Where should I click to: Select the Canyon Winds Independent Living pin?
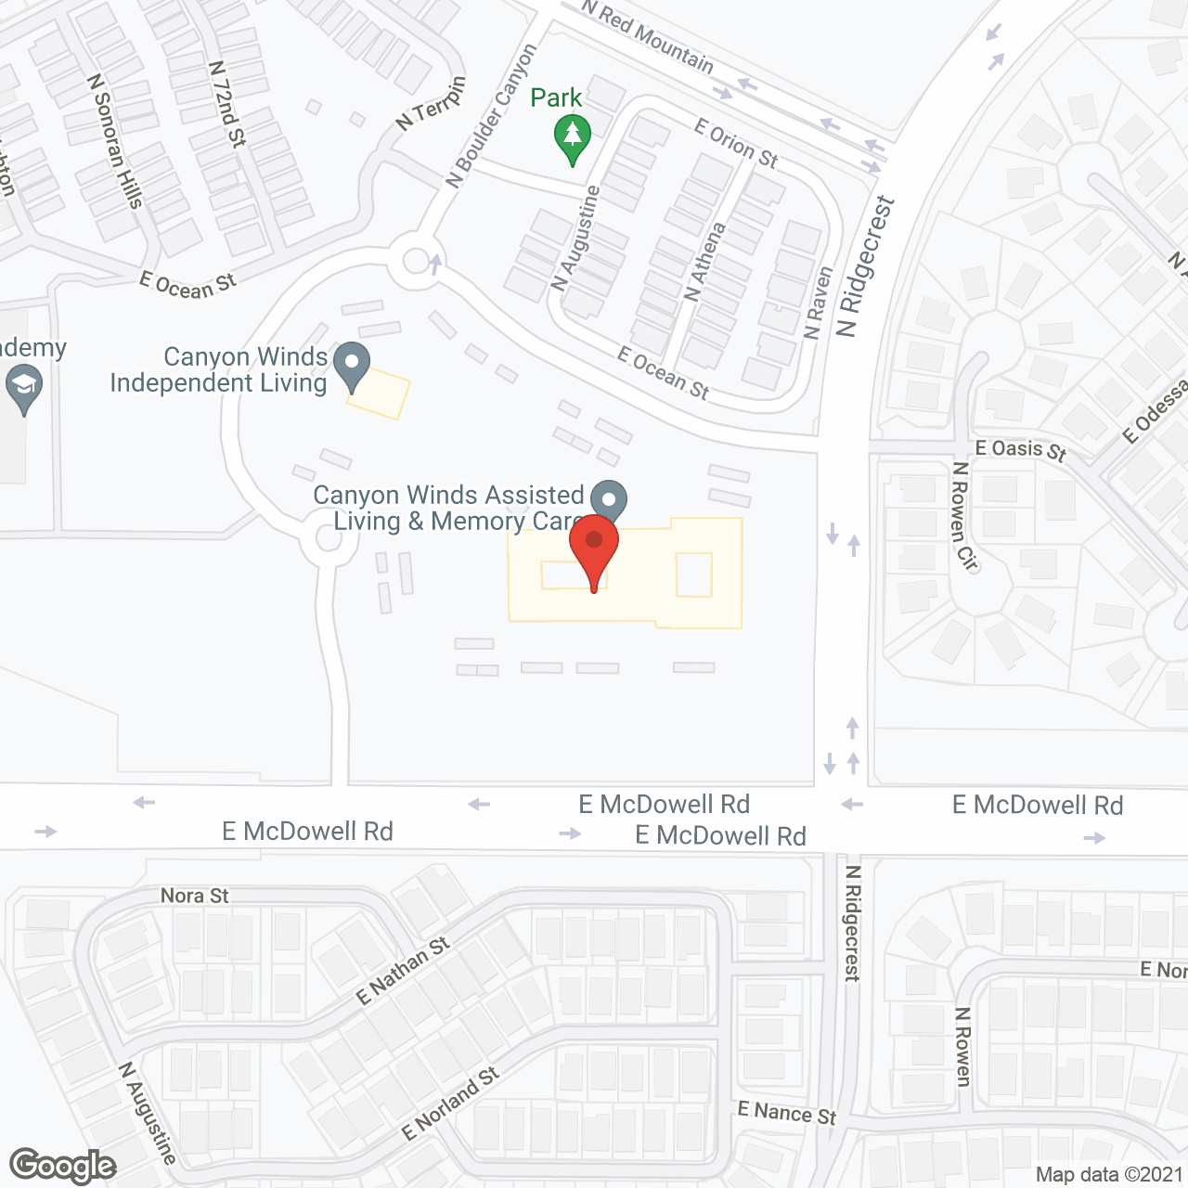pyautogui.click(x=352, y=366)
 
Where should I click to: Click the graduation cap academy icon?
pyautogui.click(x=24, y=390)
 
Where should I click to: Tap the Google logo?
pyautogui.click(x=63, y=1166)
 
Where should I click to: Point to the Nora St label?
pyautogui.click(x=194, y=896)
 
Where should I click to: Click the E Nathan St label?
pyautogui.click(x=403, y=970)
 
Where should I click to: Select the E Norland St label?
pyautogui.click(x=450, y=1104)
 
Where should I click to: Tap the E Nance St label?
pyautogui.click(x=787, y=1112)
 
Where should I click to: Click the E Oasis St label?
pyautogui.click(x=1021, y=450)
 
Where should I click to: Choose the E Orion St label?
pyautogui.click(x=736, y=144)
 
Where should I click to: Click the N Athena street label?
pyautogui.click(x=705, y=261)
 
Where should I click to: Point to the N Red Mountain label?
pyautogui.click(x=648, y=36)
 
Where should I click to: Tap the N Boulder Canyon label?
pyautogui.click(x=491, y=116)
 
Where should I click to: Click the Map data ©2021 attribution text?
pyautogui.click(x=1109, y=1174)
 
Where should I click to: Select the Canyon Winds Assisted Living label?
pyautogui.click(x=449, y=508)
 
